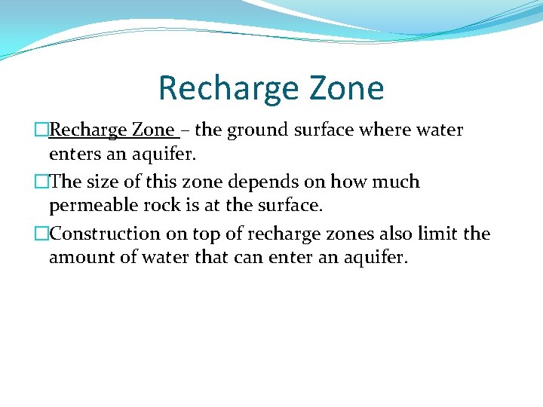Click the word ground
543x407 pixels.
point(258,130)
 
